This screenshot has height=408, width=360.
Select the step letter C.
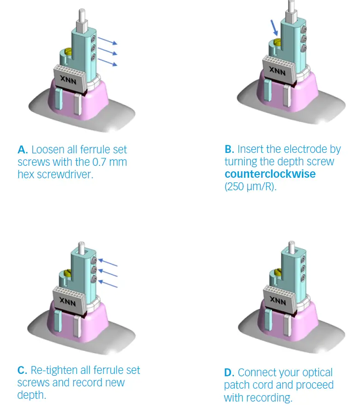click(23, 371)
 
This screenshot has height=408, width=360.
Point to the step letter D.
click(229, 373)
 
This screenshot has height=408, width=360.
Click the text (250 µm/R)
click(250, 187)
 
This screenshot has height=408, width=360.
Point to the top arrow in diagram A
click(108, 42)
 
